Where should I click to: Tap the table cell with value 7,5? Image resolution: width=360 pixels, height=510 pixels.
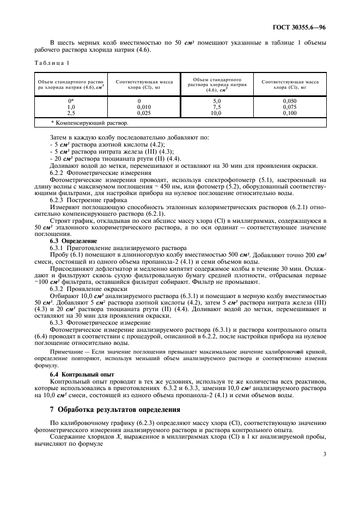(x=217, y=107)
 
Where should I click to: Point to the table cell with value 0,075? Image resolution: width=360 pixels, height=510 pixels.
(x=290, y=107)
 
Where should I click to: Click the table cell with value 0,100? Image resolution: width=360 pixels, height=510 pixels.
(x=290, y=112)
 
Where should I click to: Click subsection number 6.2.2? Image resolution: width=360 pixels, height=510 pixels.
(x=58, y=172)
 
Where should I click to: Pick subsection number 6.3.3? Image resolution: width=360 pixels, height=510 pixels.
(x=58, y=323)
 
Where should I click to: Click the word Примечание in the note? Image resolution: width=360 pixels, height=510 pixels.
(x=68, y=353)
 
